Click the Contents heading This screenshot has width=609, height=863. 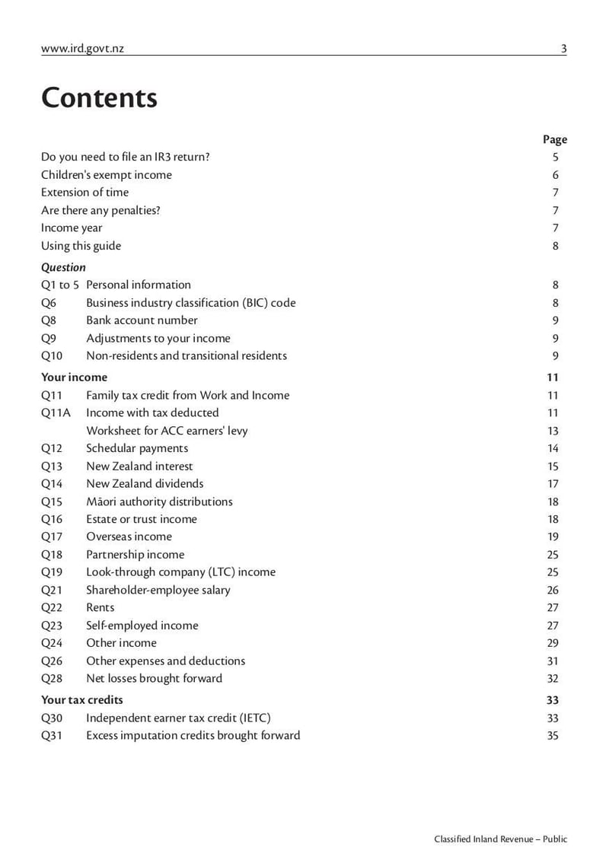[x=99, y=98]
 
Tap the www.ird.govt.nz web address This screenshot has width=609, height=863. [x=82, y=49]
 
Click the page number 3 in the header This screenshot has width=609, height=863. [x=563, y=49]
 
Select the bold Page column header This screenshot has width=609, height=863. [x=555, y=139]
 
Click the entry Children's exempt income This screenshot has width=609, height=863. [x=107, y=175]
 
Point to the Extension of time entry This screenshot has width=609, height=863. [x=84, y=193]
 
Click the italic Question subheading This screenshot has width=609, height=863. [x=63, y=267]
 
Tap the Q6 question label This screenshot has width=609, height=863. [x=49, y=303]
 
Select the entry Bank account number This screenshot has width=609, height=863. [x=142, y=320]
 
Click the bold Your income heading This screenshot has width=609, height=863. [x=74, y=377]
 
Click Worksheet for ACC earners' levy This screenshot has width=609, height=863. [x=167, y=431]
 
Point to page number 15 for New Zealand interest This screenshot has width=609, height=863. [x=553, y=467]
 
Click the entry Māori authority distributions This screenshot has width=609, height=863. [x=159, y=502]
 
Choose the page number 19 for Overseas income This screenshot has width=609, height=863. [x=553, y=537]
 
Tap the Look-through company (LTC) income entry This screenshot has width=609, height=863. [x=180, y=572]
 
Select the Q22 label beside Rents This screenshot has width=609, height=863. [x=52, y=607]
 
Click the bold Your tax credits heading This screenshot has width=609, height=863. [x=81, y=699]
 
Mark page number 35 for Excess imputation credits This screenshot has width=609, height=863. [x=553, y=735]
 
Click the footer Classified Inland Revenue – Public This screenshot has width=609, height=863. [x=500, y=839]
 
